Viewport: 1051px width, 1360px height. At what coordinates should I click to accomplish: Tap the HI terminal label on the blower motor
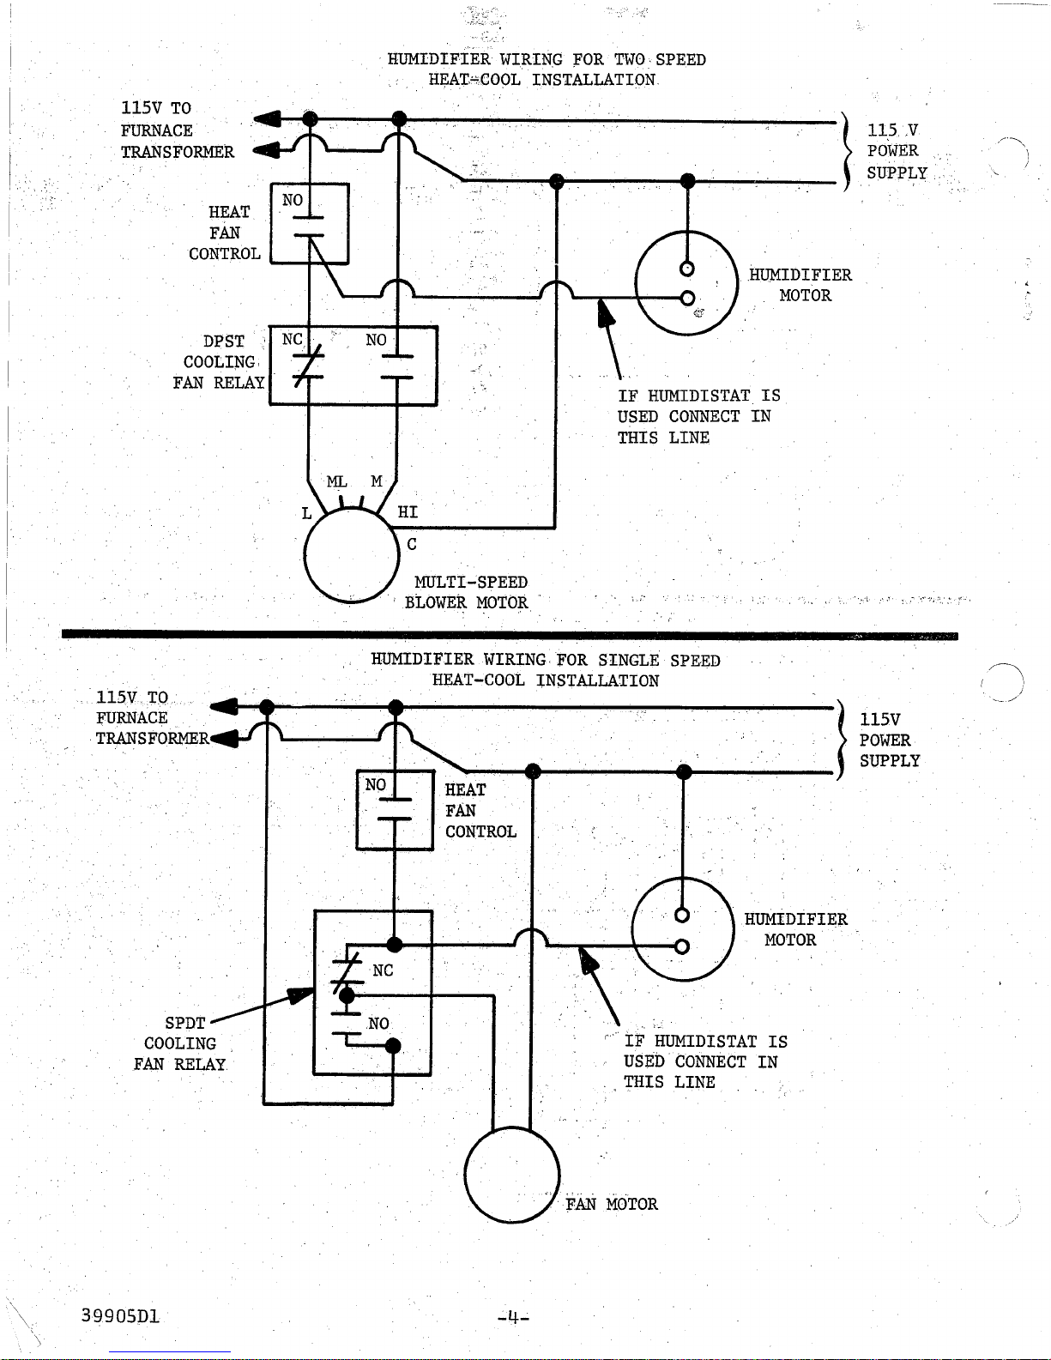(x=408, y=512)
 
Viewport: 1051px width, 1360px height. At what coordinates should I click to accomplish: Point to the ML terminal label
(x=336, y=481)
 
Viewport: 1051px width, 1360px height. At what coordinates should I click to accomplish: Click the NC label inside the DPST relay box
(x=293, y=339)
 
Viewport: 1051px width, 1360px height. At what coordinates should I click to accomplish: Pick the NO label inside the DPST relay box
(x=376, y=340)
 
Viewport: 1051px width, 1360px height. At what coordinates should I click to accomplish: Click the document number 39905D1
(x=120, y=1315)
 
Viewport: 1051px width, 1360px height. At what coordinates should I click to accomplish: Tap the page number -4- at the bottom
(x=514, y=1317)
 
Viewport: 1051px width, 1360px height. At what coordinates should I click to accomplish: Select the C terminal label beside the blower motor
(x=412, y=544)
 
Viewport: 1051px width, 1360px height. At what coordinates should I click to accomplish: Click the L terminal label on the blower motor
(x=306, y=514)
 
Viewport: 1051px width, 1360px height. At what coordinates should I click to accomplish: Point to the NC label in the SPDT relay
(x=383, y=970)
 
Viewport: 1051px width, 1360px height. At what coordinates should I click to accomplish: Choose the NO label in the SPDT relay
(x=378, y=1024)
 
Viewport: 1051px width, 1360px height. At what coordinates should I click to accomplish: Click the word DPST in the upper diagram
(x=223, y=342)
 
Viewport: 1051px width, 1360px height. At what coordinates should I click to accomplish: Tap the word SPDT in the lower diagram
(x=185, y=1023)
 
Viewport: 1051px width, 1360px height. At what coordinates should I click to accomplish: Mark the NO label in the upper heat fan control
(x=293, y=200)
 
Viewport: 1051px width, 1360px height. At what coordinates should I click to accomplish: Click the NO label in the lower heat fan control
(x=376, y=784)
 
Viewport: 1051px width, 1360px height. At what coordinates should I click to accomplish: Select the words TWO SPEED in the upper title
(x=660, y=59)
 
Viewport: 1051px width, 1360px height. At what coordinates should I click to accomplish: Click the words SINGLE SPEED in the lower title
(x=659, y=661)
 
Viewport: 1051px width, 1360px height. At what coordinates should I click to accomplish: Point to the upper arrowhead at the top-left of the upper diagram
(x=267, y=118)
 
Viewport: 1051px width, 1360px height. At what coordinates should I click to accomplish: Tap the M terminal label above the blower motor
(x=376, y=481)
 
